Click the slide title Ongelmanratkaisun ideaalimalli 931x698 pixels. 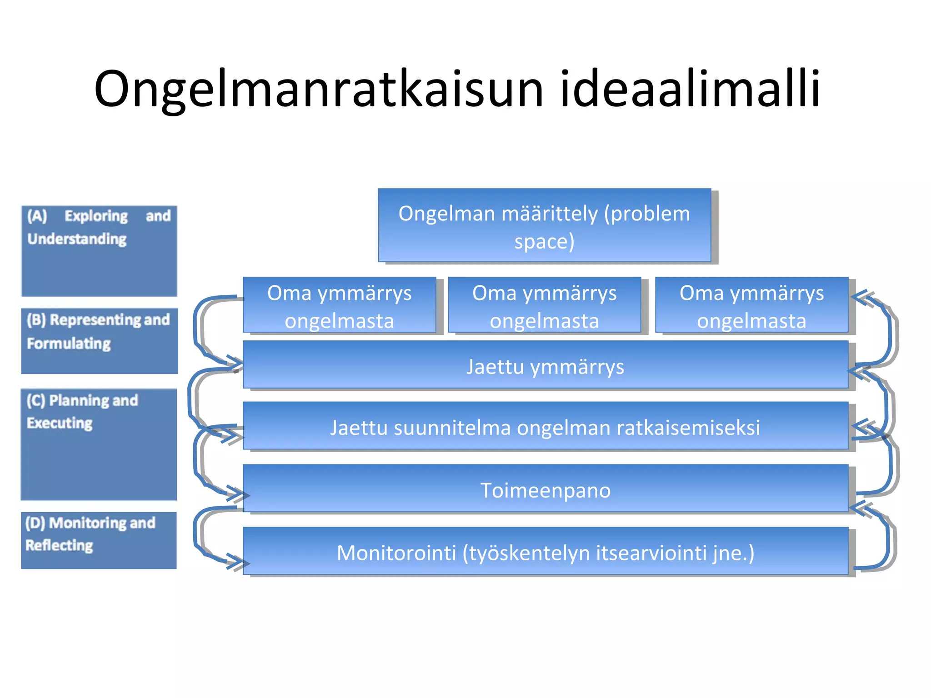(x=457, y=89)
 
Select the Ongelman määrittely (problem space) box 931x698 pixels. (x=544, y=225)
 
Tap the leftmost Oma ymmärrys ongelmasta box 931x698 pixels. (x=339, y=305)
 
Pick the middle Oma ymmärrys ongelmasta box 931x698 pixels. (x=544, y=305)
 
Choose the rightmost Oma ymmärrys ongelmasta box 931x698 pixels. (x=751, y=305)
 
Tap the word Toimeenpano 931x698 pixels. (x=545, y=490)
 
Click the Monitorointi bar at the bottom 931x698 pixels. (x=545, y=552)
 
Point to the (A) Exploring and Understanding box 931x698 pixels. (x=99, y=251)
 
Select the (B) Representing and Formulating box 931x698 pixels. (x=99, y=341)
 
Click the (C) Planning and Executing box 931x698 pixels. (x=99, y=444)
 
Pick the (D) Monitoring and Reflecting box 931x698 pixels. (x=99, y=540)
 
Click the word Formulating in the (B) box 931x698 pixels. (x=69, y=344)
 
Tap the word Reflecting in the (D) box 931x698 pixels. (x=59, y=545)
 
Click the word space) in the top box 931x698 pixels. (x=544, y=241)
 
